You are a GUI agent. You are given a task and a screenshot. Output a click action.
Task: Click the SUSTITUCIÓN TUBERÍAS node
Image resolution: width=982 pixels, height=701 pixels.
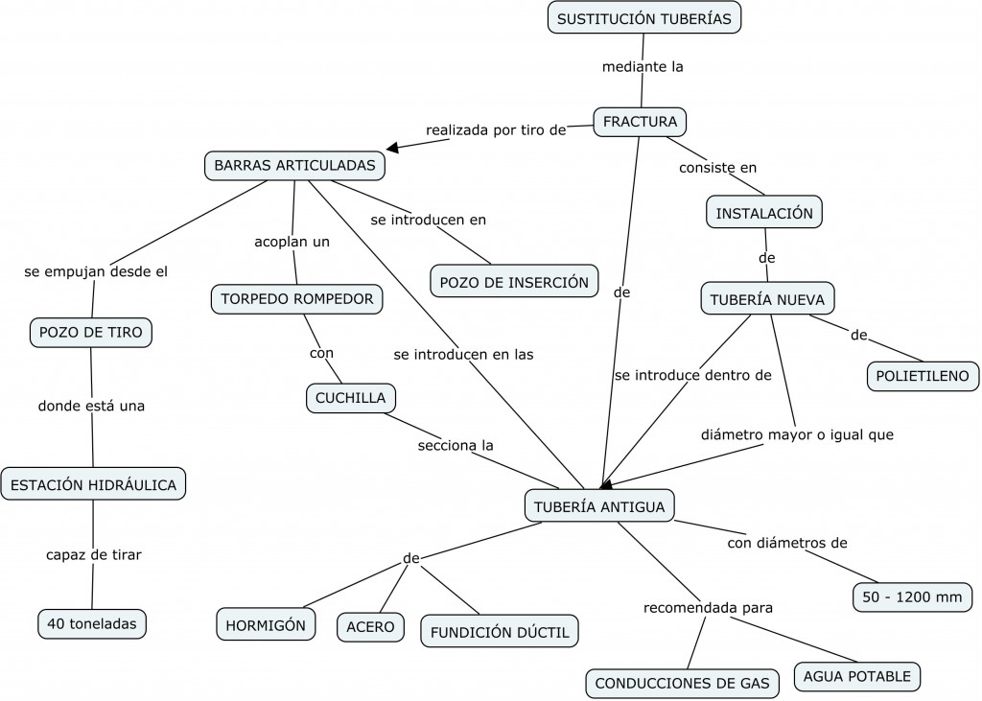(644, 18)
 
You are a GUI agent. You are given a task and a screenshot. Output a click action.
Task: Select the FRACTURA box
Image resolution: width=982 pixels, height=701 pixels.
(640, 122)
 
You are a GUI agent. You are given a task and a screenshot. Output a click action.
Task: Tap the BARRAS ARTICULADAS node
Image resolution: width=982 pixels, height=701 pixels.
(294, 165)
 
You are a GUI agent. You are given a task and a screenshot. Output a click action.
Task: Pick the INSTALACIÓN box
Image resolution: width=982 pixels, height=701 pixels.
(764, 212)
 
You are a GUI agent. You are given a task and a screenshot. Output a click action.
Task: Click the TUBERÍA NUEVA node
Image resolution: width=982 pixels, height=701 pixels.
(767, 299)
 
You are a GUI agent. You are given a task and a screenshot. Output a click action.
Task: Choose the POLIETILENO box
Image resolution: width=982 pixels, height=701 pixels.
(923, 376)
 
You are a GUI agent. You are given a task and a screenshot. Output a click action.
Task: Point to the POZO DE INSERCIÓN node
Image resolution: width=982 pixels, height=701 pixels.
(513, 282)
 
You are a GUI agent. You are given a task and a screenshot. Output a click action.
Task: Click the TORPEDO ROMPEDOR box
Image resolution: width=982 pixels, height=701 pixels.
(296, 299)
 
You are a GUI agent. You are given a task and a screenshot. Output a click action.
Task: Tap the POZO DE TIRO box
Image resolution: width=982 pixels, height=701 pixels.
(91, 333)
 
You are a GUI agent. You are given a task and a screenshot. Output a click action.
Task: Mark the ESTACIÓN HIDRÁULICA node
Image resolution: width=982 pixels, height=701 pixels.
(93, 484)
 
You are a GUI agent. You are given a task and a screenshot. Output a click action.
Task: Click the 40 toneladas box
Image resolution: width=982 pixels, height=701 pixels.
(92, 623)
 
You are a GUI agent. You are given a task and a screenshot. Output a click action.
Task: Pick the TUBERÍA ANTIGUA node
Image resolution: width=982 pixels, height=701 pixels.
(599, 505)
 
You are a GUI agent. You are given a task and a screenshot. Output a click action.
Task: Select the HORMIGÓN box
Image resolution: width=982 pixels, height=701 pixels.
(266, 625)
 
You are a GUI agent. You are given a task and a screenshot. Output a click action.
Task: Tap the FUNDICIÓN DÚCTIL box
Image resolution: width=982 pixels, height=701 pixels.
(500, 631)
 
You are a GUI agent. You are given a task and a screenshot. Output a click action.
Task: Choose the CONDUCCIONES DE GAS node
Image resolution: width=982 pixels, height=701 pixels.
(682, 683)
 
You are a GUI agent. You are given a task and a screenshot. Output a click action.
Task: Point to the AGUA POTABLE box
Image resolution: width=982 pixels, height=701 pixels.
(856, 676)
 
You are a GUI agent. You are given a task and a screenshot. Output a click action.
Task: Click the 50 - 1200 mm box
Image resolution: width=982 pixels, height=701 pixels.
(910, 597)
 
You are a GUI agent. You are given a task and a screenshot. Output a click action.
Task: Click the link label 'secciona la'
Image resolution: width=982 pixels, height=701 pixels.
(456, 445)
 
